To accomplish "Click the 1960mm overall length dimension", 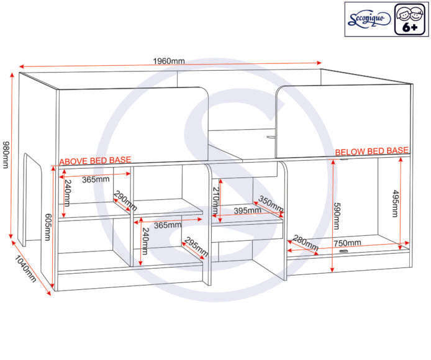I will click(x=169, y=61).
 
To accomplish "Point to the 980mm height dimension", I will click(x=6, y=153).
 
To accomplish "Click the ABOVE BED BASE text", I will click(x=95, y=160).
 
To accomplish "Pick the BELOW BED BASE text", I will click(x=371, y=151).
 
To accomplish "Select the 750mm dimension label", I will click(x=348, y=243).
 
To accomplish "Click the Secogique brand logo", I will click(x=369, y=19).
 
